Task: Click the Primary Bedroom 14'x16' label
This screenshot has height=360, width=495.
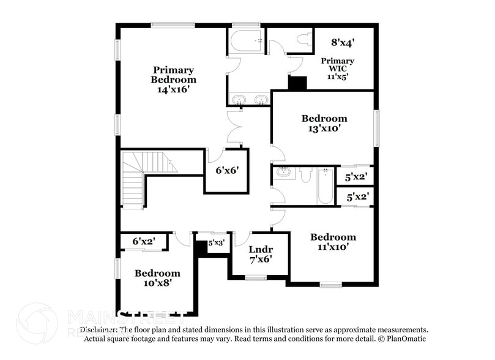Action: (x=174, y=80)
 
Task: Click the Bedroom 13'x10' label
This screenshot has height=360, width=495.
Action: (x=324, y=123)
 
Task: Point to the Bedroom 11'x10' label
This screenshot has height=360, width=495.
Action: (x=333, y=242)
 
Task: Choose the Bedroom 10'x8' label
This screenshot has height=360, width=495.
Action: (x=157, y=278)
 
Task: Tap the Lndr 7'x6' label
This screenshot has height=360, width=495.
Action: (x=260, y=254)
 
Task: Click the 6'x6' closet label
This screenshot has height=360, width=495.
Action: (x=226, y=171)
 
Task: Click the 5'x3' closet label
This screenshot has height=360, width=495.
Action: (x=216, y=242)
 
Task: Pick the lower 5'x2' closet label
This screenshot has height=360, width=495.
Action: (x=357, y=197)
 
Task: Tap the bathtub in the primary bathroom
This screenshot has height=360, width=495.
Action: (x=247, y=41)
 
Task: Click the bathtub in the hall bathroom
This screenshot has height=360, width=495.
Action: (x=324, y=187)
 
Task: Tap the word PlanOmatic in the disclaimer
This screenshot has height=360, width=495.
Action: (x=402, y=339)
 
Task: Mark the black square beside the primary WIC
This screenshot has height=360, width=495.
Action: (x=297, y=83)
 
